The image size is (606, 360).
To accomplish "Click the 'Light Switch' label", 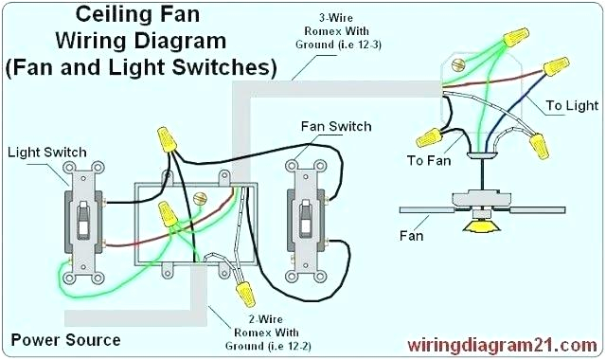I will pyautogui.click(x=47, y=152).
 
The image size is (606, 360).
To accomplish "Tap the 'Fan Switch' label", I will pyautogui.click(x=335, y=126).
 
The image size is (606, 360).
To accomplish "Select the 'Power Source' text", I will pyautogui.click(x=64, y=339).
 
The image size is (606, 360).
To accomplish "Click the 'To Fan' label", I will pyautogui.click(x=428, y=160).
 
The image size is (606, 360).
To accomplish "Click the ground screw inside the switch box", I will pyautogui.click(x=199, y=198).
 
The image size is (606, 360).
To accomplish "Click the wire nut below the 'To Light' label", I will pyautogui.click(x=541, y=146).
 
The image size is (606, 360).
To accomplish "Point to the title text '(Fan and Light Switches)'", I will pyautogui.click(x=139, y=68).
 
